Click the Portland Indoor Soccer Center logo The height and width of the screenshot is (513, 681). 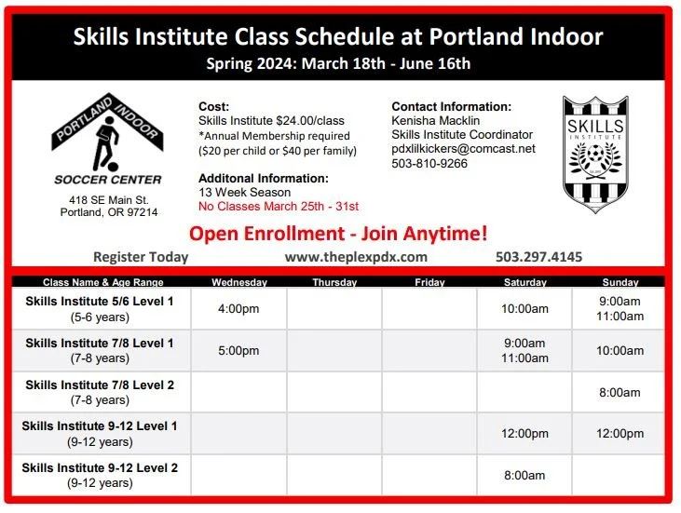pos(106,140)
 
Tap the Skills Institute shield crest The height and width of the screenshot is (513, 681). pos(595,154)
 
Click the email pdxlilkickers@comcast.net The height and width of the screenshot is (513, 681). pos(463,149)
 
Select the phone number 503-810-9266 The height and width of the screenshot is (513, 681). pos(429,163)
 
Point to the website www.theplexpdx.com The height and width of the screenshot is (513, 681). pos(356,257)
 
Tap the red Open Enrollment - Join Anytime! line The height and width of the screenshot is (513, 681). pos(338,233)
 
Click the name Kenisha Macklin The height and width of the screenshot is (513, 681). pos(435,121)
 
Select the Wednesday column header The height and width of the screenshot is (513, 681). pos(238,282)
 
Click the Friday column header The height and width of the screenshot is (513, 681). pos(429,282)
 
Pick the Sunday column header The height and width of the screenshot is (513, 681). pos(620,282)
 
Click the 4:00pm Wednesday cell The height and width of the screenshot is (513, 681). pos(238,309)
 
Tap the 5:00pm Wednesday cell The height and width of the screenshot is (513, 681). pos(238,351)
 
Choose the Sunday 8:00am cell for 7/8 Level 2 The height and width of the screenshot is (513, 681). pos(620,392)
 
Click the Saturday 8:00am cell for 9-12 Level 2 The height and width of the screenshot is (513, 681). pos(525,475)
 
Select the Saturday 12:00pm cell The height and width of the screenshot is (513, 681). pos(525,433)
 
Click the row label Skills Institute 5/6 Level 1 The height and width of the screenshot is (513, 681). pos(100,302)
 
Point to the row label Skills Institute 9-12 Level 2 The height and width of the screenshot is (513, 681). pos(100,467)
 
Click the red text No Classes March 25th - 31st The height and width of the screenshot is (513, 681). pos(279,207)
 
